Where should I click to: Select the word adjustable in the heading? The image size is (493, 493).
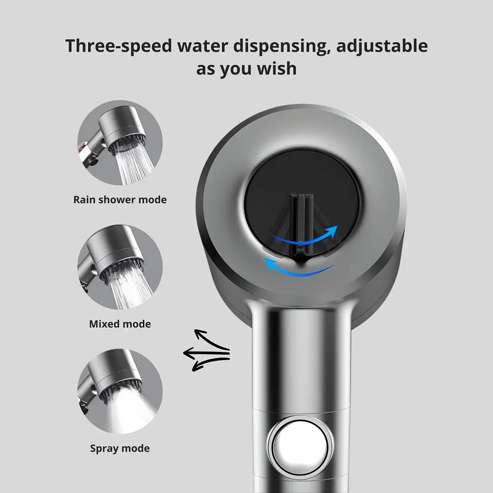pos(382,46)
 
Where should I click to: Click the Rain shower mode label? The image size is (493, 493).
pos(120,200)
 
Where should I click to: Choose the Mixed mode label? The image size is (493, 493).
pos(120,324)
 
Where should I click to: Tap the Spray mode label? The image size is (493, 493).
pos(120,448)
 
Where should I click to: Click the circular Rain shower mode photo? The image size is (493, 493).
pos(120,143)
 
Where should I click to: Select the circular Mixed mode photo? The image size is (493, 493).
pos(120,267)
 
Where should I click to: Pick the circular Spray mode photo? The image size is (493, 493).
pos(120,391)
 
